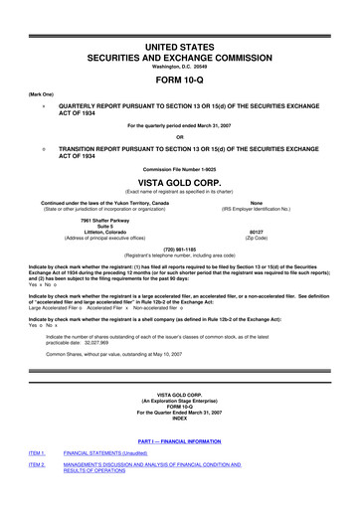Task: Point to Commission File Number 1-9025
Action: [180, 167]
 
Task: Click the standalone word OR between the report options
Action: [180, 136]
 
